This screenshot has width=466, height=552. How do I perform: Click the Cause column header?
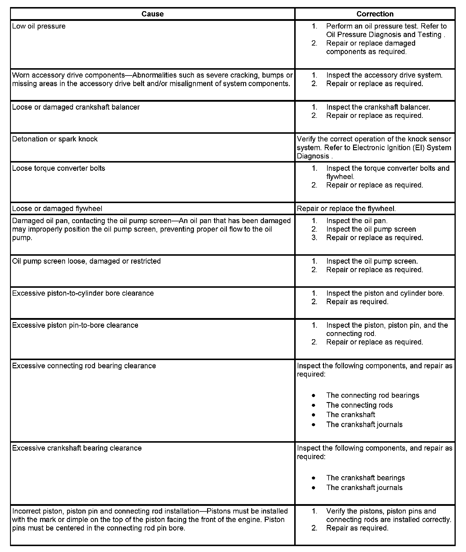tap(152, 14)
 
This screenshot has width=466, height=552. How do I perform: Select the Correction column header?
tap(375, 14)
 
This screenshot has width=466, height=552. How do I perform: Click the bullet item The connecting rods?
tap(359, 405)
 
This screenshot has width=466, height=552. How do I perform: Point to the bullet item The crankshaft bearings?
tap(365, 478)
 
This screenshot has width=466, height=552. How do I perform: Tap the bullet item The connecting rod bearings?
tap(372, 395)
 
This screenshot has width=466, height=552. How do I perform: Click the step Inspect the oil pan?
tap(357, 221)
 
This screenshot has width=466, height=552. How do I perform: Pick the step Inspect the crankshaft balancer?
tap(378, 107)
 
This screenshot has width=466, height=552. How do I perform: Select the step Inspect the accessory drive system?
tap(384, 75)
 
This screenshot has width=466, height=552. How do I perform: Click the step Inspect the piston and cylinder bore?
tap(385, 293)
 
